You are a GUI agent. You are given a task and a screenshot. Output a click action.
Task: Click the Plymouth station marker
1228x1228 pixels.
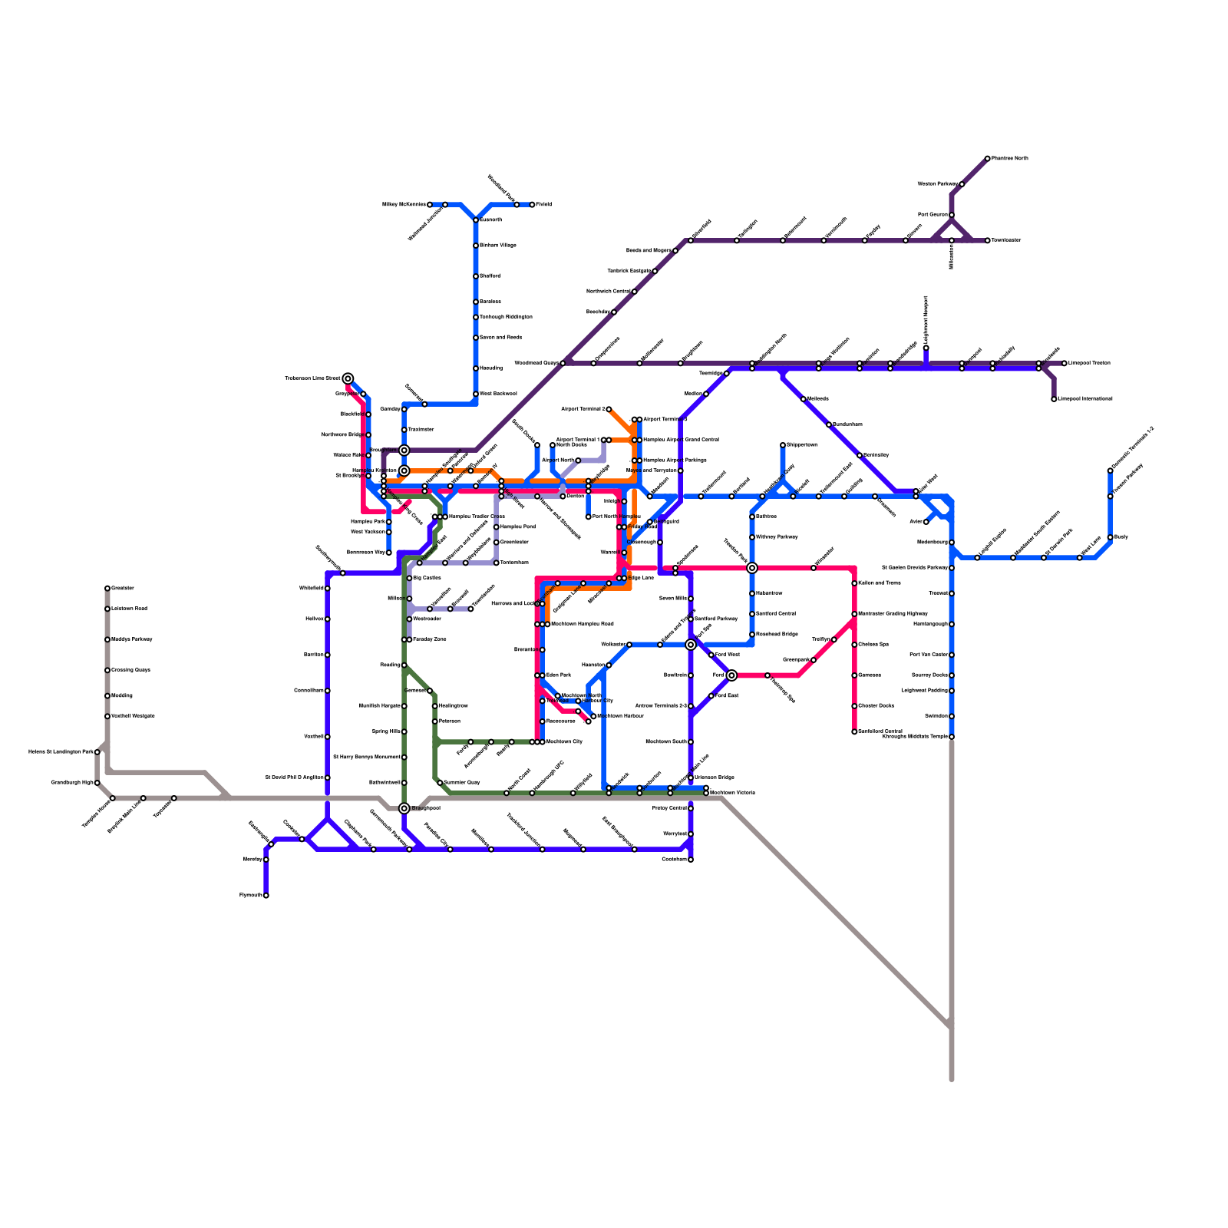click(266, 895)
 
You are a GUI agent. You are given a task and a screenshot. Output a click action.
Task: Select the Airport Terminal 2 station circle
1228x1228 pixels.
click(609, 409)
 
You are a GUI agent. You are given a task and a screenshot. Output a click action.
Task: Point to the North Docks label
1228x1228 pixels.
click(571, 444)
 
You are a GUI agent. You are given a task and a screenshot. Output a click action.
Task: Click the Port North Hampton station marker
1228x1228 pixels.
click(589, 517)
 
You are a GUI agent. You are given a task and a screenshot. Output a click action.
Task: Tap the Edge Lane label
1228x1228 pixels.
click(641, 578)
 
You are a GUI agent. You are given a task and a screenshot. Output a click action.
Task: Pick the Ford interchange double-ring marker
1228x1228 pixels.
click(732, 675)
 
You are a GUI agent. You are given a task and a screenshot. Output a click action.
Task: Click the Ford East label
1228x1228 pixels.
click(727, 695)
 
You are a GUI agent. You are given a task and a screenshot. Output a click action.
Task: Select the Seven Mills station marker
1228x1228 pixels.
click(691, 599)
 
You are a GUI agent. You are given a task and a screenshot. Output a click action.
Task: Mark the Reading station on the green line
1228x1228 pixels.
click(404, 665)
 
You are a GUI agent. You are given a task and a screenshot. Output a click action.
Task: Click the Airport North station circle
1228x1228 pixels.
click(578, 460)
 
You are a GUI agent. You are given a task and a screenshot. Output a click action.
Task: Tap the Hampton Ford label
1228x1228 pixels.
click(518, 527)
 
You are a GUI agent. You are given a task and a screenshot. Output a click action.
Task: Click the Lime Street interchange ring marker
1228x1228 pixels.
click(348, 378)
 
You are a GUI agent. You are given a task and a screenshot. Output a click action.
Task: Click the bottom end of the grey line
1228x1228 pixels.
click(952, 1078)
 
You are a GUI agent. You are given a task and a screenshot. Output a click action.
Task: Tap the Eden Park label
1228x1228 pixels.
click(559, 675)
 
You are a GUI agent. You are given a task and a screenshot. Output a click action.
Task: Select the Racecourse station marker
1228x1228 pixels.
click(543, 721)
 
